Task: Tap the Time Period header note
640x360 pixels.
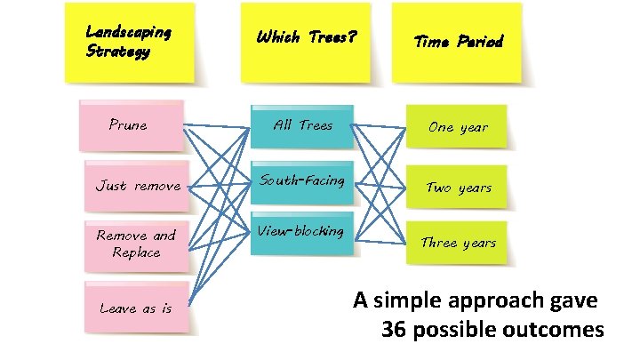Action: tap(458, 43)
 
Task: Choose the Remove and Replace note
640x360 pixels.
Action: tap(135, 244)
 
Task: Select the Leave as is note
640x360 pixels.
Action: tap(135, 308)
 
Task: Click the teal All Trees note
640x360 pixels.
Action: tap(302, 126)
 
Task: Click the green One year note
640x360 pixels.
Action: tap(458, 127)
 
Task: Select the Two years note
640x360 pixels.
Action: tap(459, 187)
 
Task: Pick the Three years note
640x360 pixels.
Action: tap(459, 243)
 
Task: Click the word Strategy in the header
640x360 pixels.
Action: tap(117, 51)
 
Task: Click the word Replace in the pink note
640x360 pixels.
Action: tap(136, 253)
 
